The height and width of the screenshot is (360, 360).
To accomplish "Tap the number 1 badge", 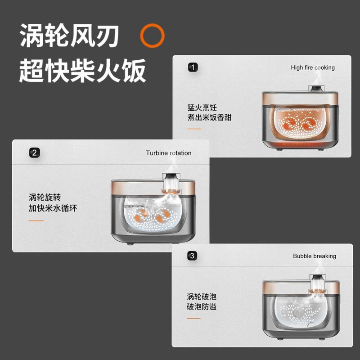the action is click(193, 67).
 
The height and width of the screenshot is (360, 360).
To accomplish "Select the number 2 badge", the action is click(35, 153).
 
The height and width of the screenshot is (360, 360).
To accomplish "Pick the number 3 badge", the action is click(192, 256).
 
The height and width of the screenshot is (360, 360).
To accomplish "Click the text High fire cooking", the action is click(313, 67).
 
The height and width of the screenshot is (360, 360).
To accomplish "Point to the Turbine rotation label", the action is click(168, 153).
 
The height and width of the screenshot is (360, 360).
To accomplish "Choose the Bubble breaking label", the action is click(315, 256).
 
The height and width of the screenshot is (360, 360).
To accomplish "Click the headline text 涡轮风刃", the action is click(69, 36).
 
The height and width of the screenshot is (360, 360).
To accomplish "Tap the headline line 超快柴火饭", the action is click(83, 71).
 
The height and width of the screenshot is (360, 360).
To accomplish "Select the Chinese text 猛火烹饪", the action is click(202, 107).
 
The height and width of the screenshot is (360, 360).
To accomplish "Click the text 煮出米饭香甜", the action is click(209, 117).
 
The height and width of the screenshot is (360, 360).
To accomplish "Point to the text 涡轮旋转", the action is click(45, 197).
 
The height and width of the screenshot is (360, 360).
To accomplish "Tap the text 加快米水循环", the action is click(53, 208).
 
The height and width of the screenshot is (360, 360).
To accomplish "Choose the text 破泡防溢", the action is click(202, 306).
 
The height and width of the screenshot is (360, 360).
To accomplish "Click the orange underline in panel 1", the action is click(194, 129).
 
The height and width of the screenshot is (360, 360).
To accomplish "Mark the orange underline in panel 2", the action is click(36, 220).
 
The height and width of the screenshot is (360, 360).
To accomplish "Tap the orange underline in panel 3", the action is click(193, 318).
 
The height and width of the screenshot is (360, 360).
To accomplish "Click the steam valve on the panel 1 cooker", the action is click(317, 88).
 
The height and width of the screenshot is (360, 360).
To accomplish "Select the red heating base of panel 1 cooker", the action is click(300, 144).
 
